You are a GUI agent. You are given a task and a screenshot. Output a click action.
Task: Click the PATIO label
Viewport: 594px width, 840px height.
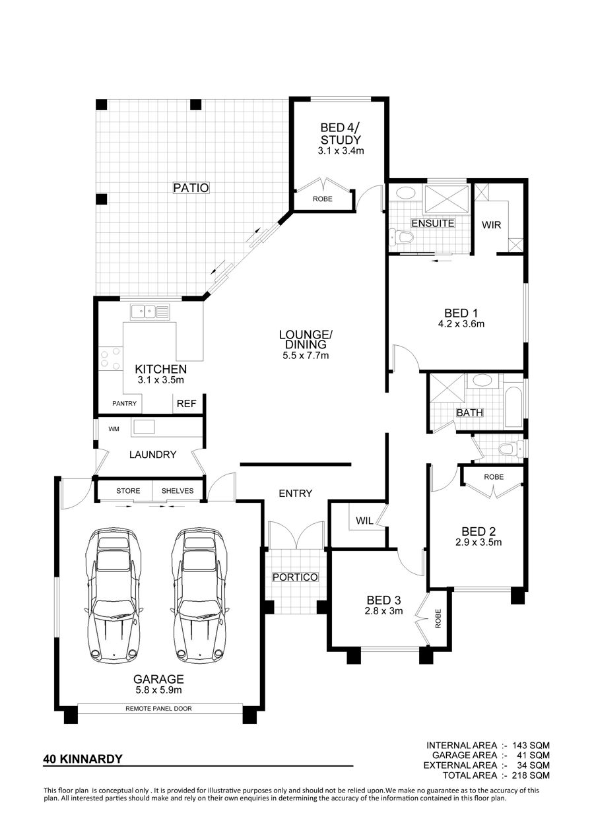pos(191,187)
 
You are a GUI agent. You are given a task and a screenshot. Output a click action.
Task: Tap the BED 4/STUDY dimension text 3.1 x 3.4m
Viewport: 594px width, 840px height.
pos(341,151)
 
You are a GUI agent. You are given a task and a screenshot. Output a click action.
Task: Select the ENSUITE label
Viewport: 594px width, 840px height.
pos(433,223)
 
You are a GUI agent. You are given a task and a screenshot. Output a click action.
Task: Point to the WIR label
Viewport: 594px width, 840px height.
pos(491,225)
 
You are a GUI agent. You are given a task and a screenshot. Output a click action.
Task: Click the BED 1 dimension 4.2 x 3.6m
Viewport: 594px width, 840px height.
pos(461,323)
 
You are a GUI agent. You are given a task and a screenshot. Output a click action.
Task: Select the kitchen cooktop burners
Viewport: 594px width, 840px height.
pos(111,358)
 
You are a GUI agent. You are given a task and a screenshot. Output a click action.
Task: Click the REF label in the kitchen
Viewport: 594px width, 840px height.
pos(186,403)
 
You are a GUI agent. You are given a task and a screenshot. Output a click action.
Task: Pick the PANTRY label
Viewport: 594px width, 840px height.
pos(125,403)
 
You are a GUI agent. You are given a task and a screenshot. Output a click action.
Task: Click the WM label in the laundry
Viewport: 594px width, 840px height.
pos(114,429)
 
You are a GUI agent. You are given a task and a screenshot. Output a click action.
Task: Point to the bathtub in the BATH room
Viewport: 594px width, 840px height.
pos(513,408)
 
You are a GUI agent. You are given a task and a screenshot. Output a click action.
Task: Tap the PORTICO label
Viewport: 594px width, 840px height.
pos(295,577)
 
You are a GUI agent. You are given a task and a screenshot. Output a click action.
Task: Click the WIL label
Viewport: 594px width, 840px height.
pos(364,521)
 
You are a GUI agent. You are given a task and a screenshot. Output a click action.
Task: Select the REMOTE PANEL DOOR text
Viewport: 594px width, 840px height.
pos(158,709)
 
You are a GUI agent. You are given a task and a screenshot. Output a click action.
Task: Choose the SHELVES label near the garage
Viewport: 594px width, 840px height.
pos(178,491)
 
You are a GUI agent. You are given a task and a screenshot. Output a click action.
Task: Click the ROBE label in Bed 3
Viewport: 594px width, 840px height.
pos(438,619)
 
